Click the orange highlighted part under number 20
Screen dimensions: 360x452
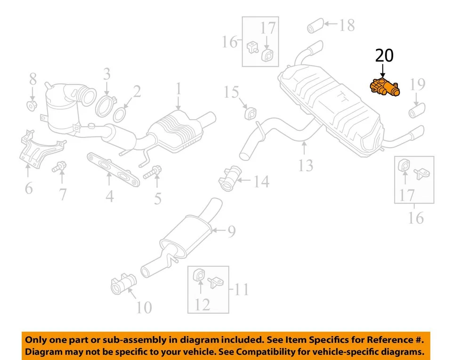click(384, 88)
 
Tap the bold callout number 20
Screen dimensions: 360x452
click(384, 56)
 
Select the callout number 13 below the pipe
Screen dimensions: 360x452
click(306, 165)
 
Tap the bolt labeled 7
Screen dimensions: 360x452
click(60, 166)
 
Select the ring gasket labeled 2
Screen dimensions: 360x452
click(121, 114)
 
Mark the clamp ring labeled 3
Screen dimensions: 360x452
click(106, 105)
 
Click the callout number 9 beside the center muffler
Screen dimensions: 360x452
click(231, 231)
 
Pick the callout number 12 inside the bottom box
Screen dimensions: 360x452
click(202, 305)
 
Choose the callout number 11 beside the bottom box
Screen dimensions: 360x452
click(241, 289)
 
